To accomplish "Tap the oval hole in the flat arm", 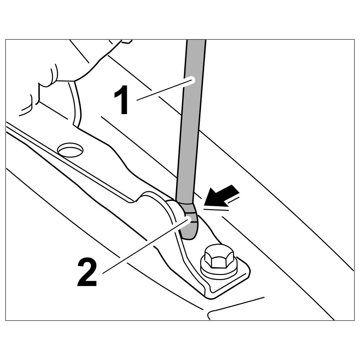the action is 70,149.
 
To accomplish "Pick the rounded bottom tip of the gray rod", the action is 189,234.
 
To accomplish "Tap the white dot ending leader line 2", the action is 188,219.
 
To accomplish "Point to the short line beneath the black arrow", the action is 216,208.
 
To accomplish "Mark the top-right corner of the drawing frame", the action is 354,40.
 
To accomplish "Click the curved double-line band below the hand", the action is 75,104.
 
